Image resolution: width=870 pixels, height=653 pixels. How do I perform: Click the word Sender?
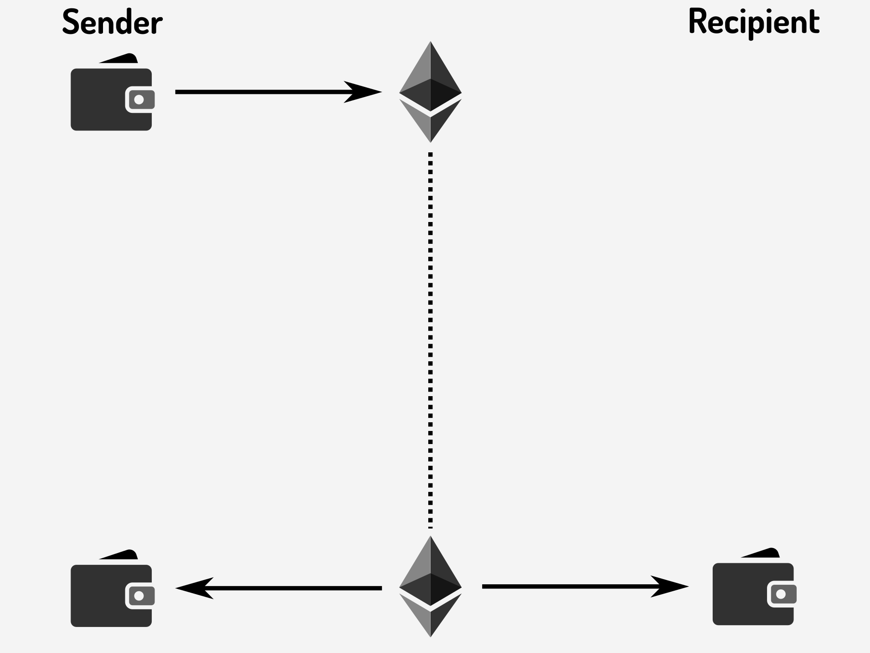tap(112, 22)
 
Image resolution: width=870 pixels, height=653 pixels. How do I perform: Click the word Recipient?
tap(754, 22)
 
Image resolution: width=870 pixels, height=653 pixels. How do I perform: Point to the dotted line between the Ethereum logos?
tap(431, 339)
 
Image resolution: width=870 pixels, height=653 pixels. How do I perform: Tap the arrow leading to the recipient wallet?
tap(580, 587)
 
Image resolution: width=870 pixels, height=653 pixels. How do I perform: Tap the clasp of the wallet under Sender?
tap(139, 100)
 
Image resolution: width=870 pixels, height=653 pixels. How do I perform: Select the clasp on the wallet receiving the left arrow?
tap(139, 596)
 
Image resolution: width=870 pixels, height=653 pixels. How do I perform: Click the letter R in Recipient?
tap(697, 22)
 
